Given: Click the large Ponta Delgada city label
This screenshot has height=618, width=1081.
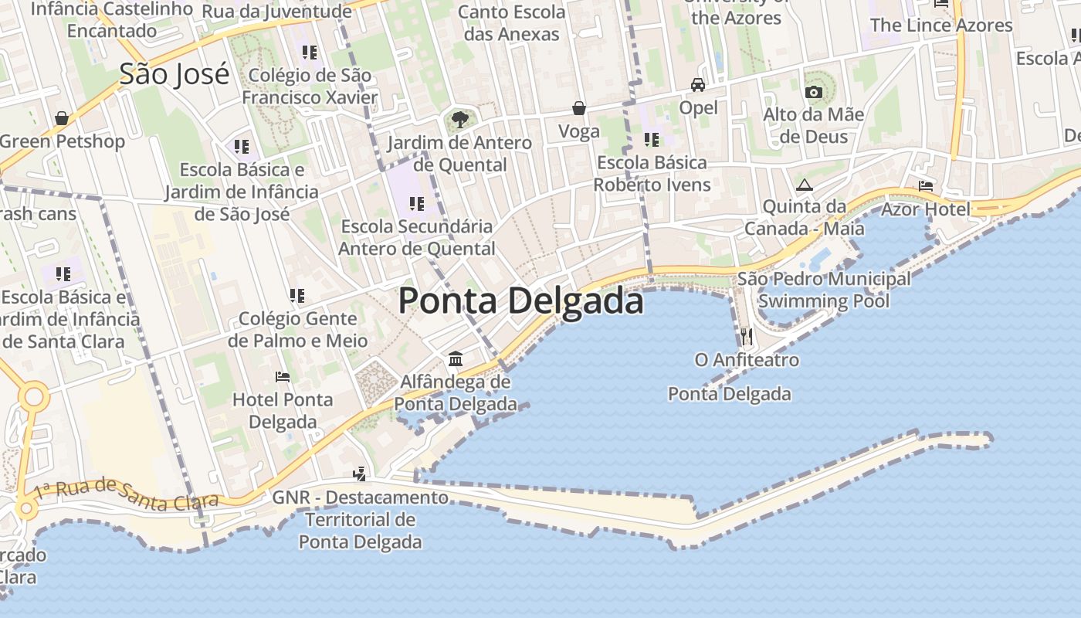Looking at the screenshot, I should [x=520, y=301].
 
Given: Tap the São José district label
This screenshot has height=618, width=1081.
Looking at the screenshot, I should [x=175, y=74].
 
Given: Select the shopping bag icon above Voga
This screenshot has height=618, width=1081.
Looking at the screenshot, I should [x=579, y=108].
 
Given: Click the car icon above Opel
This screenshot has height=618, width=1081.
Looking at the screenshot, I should [x=698, y=85].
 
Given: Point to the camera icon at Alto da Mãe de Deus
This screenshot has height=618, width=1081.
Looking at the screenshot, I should [x=813, y=93].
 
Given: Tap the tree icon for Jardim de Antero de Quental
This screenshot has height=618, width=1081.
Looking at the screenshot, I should [x=460, y=120].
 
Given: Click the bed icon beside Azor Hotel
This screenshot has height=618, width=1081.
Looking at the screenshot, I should [x=926, y=186].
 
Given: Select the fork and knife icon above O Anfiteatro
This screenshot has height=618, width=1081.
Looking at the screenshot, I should [x=746, y=336].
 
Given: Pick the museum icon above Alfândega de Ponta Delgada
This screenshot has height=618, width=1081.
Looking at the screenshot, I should [x=456, y=359].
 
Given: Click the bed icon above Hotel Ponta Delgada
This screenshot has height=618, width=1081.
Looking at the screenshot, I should [x=283, y=377].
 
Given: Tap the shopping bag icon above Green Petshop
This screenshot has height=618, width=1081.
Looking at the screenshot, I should [x=62, y=118].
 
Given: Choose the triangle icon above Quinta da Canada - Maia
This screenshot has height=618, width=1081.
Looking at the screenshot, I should [x=805, y=185].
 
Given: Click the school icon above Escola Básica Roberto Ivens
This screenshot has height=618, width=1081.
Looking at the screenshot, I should [x=652, y=140].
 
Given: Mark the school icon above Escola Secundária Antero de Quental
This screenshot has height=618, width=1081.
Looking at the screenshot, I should [x=417, y=204].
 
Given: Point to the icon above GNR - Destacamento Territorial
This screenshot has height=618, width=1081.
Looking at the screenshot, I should [x=359, y=474].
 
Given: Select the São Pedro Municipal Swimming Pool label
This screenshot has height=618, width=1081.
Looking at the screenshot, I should [x=824, y=290].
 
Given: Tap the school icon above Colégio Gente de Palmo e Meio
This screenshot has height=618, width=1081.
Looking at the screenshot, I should [x=297, y=295].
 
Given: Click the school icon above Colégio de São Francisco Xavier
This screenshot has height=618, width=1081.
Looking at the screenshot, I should [x=310, y=53].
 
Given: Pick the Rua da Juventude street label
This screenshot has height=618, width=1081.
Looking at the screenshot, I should [x=276, y=12].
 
